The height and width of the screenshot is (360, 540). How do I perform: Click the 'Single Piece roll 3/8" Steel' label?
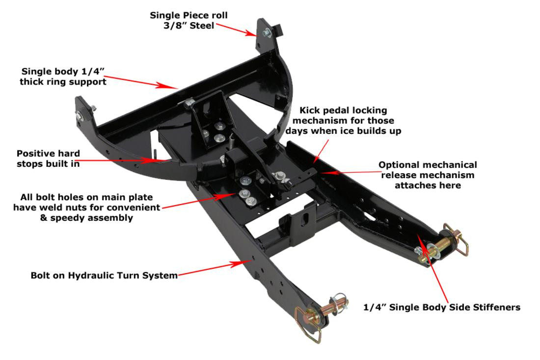pos(189,20)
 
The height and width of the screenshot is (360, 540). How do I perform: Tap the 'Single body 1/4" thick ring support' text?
pos(63,77)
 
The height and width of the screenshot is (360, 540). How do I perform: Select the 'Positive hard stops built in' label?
pos(48,158)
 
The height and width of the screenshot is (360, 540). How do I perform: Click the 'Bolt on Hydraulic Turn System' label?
pos(104,275)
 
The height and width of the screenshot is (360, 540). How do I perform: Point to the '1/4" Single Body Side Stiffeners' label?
pos(441,308)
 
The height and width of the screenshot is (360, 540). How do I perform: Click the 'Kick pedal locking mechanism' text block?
pos(343,120)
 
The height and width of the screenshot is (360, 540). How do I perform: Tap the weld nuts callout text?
pos(86,207)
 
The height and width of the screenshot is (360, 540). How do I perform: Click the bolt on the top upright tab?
pos(267,33)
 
